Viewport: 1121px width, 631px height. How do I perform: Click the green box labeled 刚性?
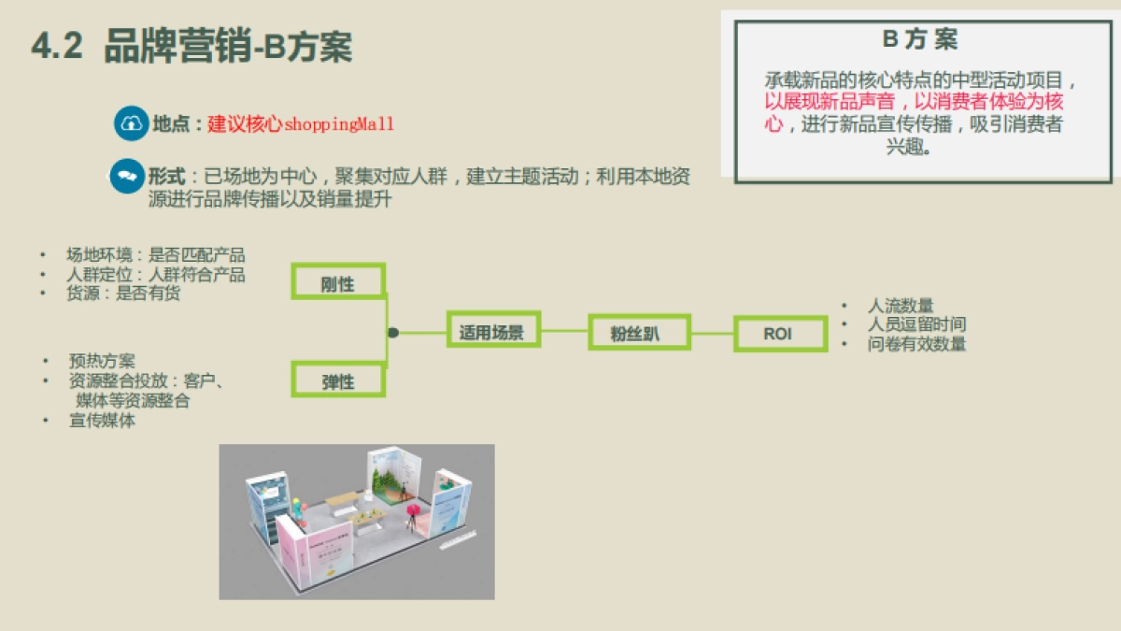pos(338,282)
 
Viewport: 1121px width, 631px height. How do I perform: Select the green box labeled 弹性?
pos(338,380)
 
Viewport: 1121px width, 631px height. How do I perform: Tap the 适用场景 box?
pos(492,331)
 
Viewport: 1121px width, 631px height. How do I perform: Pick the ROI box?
pos(778,334)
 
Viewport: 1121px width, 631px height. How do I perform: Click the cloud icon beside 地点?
pos(132,124)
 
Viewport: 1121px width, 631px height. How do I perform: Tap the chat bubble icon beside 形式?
pos(126,177)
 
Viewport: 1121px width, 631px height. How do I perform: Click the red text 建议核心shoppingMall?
pos(301,124)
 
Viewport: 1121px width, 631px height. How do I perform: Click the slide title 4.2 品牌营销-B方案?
pos(192,47)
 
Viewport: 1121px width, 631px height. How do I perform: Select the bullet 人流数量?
pos(900,306)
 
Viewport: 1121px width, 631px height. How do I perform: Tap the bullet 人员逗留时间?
pos(915,324)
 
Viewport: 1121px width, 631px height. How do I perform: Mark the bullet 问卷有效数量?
pos(915,344)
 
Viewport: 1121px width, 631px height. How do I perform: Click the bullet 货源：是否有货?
pos(122,294)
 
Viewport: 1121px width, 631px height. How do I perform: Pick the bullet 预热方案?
pos(101,362)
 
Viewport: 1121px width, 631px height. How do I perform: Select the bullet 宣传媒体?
pos(101,421)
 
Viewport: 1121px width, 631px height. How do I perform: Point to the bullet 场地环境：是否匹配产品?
pos(155,255)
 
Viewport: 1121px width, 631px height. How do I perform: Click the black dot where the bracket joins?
pos(393,332)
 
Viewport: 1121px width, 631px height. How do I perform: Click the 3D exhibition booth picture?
pos(356,521)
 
